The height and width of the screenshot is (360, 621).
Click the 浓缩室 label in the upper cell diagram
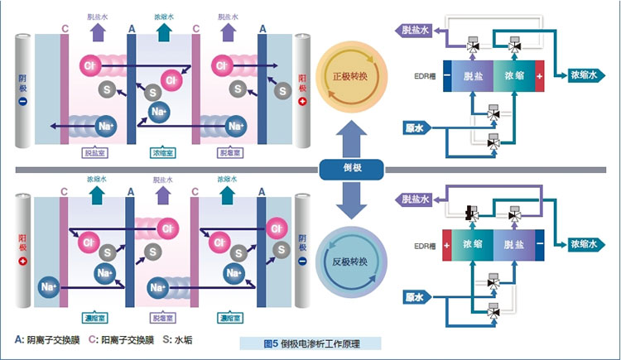point(160,152)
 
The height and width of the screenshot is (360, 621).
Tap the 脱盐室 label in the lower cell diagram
point(160,317)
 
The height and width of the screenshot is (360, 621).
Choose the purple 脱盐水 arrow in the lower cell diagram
point(160,197)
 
